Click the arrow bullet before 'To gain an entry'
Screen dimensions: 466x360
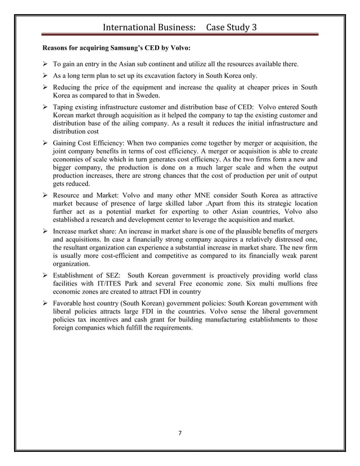pyautogui.click(x=46, y=65)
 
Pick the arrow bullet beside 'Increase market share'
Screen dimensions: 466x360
pyautogui.click(x=46, y=231)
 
